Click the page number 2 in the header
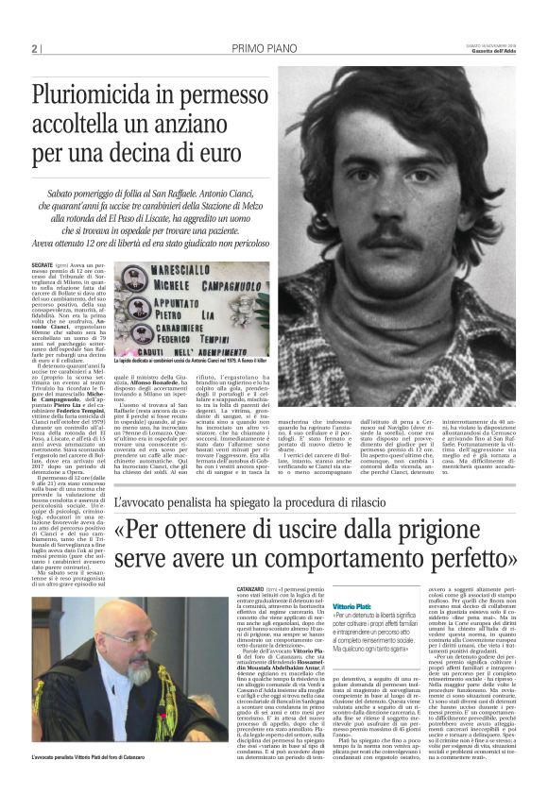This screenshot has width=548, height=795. point(34,48)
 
